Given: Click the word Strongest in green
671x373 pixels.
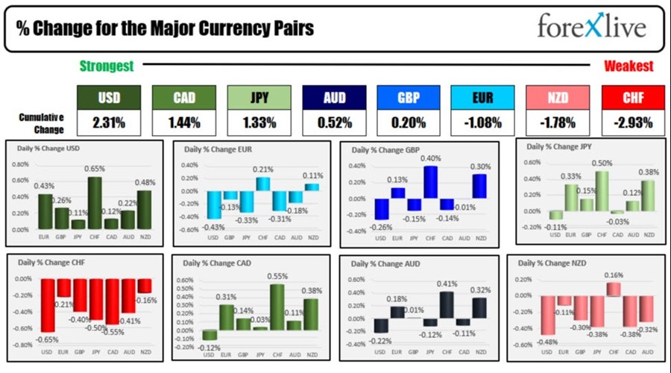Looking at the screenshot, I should coord(107,66).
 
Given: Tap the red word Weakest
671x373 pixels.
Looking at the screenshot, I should coord(629,66).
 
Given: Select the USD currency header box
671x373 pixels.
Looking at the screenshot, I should coord(109,96).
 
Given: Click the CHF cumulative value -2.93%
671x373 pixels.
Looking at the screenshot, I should coord(632,122).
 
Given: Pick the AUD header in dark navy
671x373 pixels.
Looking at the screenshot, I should coord(334,96).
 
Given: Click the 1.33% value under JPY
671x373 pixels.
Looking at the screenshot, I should coord(259,122).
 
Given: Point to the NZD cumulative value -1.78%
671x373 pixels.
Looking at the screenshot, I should coord(557,122).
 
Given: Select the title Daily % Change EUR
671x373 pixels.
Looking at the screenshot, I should coord(218,149).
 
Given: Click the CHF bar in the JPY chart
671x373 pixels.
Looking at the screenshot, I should coord(601,191).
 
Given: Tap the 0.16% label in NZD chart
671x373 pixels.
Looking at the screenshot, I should coord(613,275).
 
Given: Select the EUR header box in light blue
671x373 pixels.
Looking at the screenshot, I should coord(482,96).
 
